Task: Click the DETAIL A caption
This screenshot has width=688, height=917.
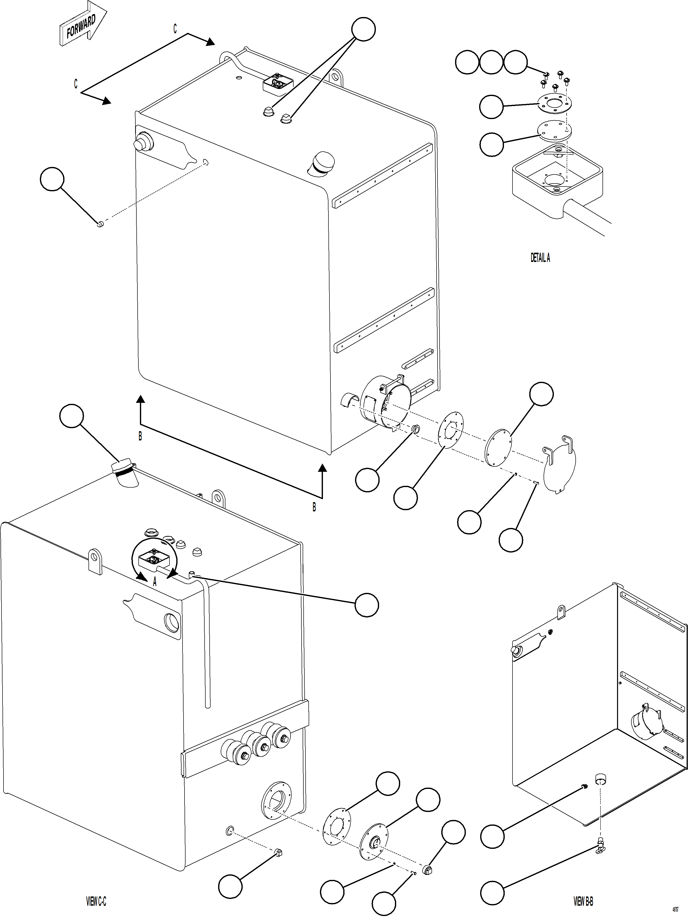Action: point(540,258)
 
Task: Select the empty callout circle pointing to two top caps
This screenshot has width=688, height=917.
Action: point(363,29)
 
